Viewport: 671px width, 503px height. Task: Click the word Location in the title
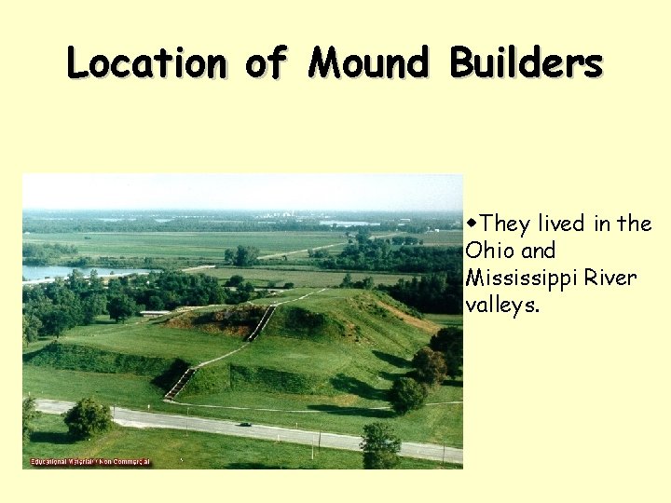[145, 63]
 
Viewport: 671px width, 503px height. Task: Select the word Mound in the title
[368, 63]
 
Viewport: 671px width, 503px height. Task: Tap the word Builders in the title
[526, 63]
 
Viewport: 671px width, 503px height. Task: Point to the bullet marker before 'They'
[473, 224]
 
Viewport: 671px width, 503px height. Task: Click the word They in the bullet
[506, 224]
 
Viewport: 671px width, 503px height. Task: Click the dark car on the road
[244, 425]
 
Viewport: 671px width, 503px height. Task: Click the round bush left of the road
[88, 418]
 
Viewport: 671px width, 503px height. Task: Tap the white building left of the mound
[155, 313]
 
